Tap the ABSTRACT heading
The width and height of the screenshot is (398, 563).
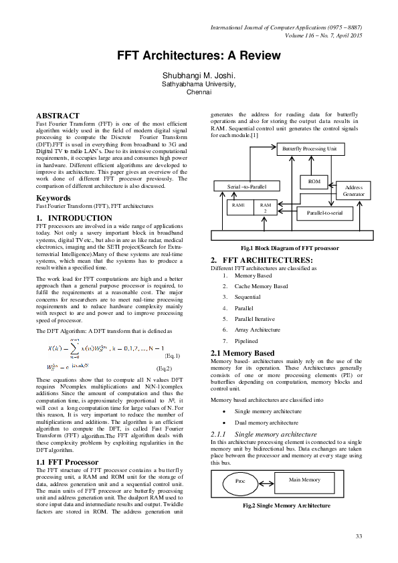(58, 116)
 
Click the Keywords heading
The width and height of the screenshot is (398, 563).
(54, 198)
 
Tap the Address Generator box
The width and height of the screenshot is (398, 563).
(353, 191)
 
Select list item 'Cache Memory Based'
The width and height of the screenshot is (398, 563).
(261, 286)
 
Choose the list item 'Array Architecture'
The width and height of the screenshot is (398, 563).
(258, 329)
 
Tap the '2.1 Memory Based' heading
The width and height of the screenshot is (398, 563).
(242, 352)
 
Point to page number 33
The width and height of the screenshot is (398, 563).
(359, 536)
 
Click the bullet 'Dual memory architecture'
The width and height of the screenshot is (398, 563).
(266, 423)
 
